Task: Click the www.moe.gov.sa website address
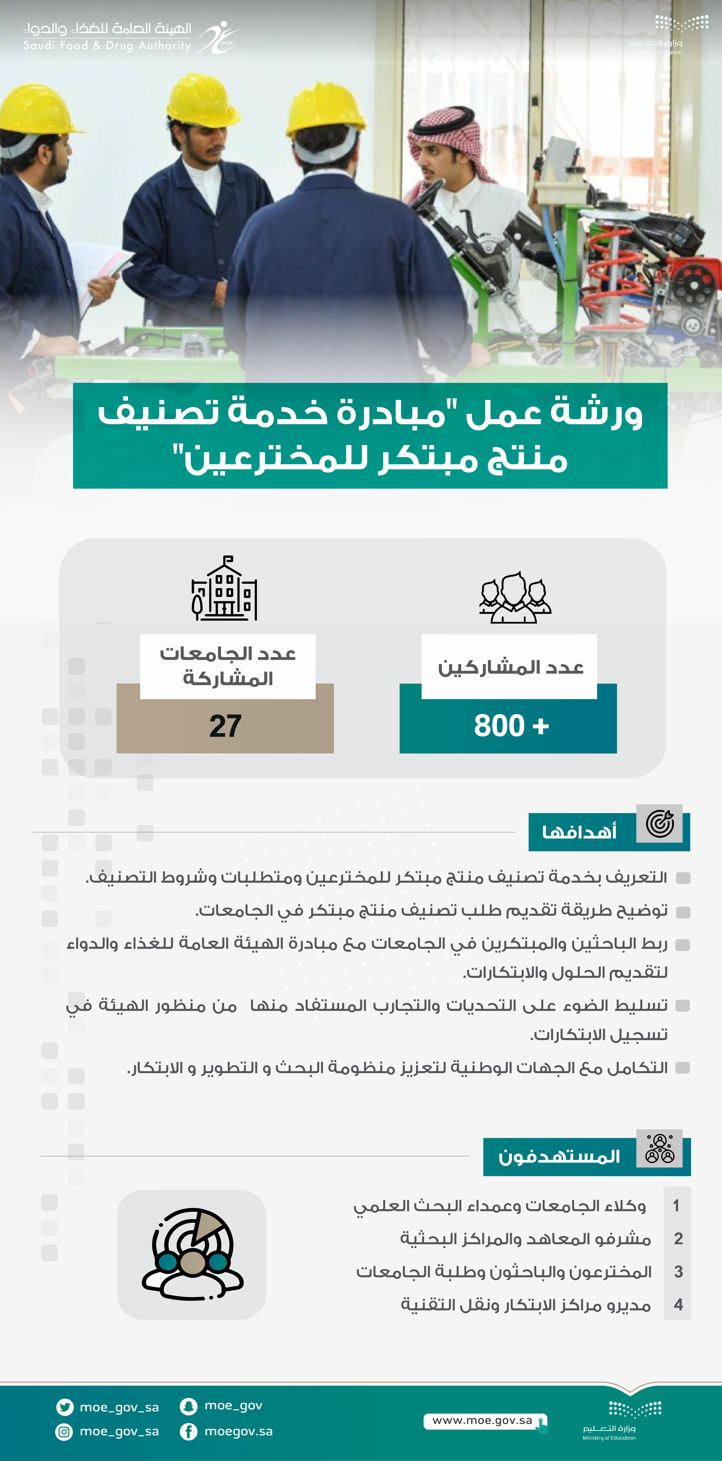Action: [482, 1420]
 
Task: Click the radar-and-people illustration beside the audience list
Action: [192, 1254]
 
